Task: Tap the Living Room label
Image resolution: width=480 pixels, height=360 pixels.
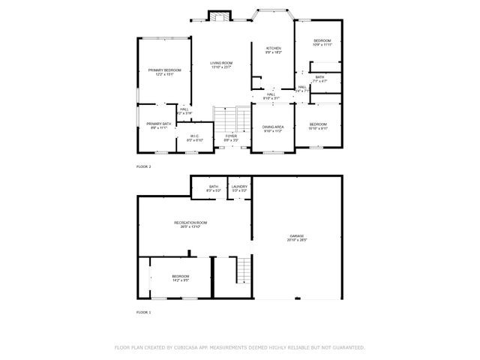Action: pyautogui.click(x=220, y=63)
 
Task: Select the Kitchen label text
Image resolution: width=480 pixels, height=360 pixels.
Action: pyautogui.click(x=272, y=48)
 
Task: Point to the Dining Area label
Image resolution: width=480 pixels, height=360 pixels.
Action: pyautogui.click(x=272, y=127)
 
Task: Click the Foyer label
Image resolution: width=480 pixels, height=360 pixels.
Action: pyautogui.click(x=231, y=136)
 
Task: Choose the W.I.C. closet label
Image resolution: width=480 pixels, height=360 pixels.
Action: pyautogui.click(x=194, y=136)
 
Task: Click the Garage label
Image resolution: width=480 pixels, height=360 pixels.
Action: pyautogui.click(x=297, y=235)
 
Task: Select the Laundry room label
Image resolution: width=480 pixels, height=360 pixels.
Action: pyautogui.click(x=239, y=186)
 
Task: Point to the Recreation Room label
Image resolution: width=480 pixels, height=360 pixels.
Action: pyautogui.click(x=190, y=223)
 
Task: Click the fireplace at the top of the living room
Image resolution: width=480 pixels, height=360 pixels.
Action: pyautogui.click(x=220, y=17)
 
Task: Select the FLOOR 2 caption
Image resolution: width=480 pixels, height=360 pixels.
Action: pyautogui.click(x=143, y=166)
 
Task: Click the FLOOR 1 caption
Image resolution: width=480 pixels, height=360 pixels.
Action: pyautogui.click(x=143, y=311)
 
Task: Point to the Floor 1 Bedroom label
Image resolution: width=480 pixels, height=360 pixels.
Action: pyautogui.click(x=180, y=276)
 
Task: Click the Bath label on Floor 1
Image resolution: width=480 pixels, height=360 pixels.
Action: pyautogui.click(x=214, y=186)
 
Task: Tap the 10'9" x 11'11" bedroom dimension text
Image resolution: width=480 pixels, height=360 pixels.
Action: pyautogui.click(x=322, y=44)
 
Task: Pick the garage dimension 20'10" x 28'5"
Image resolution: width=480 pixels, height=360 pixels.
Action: pyautogui.click(x=297, y=240)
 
